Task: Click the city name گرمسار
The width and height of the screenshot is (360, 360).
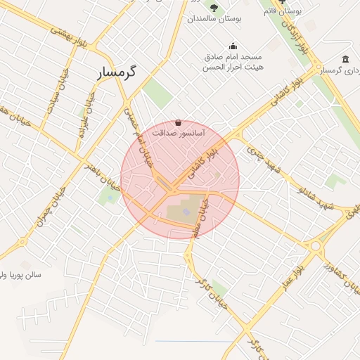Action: (117, 73)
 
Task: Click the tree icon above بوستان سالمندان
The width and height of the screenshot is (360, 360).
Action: (214, 8)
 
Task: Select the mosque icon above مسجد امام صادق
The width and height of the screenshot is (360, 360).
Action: (233, 46)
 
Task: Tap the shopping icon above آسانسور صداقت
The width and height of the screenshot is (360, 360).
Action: (179, 122)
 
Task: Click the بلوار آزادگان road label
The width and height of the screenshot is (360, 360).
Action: (293, 35)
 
